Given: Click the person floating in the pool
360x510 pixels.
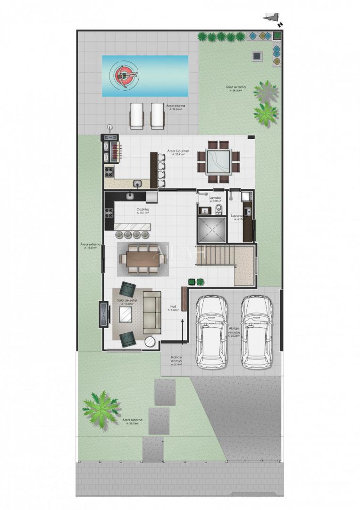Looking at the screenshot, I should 125,75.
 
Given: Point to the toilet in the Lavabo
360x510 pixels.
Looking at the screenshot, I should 218,209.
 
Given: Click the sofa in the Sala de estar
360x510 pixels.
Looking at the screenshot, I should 152,312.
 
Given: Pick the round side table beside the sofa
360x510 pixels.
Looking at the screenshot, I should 150,341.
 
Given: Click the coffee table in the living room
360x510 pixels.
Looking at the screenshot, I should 126,314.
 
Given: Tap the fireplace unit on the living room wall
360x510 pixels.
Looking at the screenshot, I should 102,314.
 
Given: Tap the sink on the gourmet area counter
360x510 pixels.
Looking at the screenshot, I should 137,183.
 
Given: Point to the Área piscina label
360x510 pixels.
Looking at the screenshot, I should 175,107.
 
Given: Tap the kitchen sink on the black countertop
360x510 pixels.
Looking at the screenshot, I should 130,195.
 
